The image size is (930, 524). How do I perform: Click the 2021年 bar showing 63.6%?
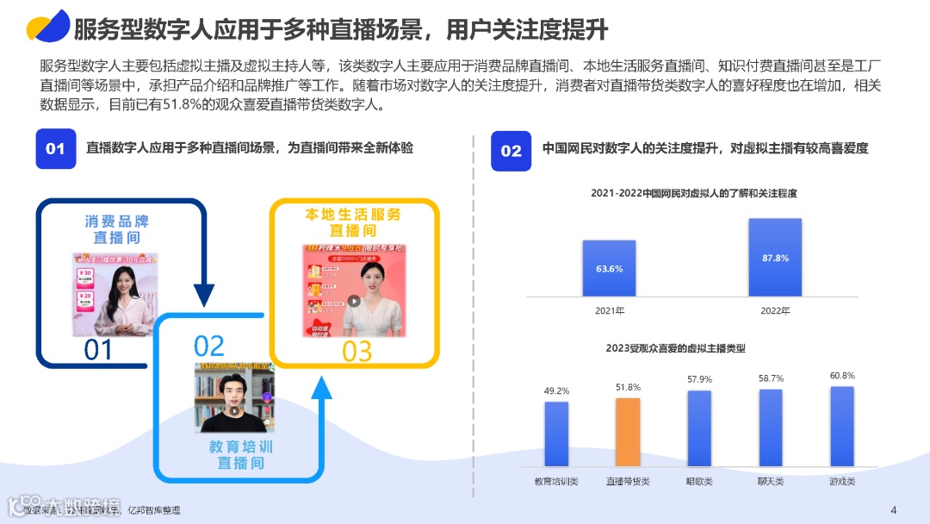click(609, 268)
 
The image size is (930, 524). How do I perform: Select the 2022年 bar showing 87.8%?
click(774, 257)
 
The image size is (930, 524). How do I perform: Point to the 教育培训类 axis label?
click(555, 481)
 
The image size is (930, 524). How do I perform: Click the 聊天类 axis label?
click(770, 481)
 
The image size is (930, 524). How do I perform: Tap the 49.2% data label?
click(556, 390)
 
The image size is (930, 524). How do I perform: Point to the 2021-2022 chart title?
click(694, 194)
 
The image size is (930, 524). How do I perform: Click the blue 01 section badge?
click(55, 149)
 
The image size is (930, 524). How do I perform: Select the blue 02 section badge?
click(511, 151)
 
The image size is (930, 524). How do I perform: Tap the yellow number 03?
click(356, 351)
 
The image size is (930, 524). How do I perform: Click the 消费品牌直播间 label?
click(117, 229)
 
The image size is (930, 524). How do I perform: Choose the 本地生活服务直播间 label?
click(353, 222)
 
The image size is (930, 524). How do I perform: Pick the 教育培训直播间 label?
click(241, 455)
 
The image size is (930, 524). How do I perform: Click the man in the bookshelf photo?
click(234, 401)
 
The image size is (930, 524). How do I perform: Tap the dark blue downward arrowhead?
click(204, 297)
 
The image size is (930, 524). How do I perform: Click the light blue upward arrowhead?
click(321, 389)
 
